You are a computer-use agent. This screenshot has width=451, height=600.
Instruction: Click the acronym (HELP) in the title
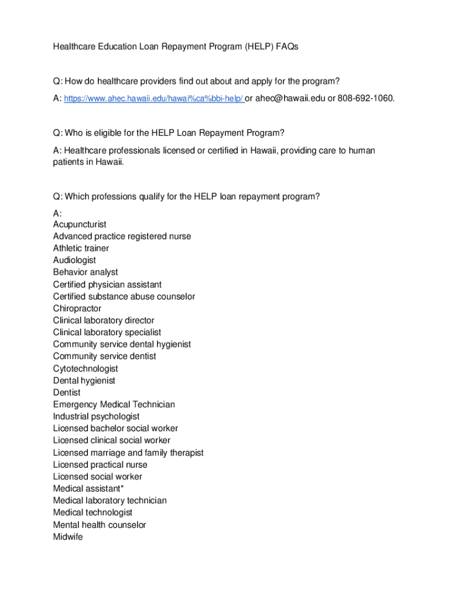coord(251,46)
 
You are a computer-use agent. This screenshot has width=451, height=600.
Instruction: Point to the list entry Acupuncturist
coord(80,224)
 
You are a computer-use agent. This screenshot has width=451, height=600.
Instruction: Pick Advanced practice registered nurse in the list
coord(122,236)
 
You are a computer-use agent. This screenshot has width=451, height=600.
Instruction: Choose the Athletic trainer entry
coord(81,248)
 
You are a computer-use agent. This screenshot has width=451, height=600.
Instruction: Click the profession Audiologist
coord(74,260)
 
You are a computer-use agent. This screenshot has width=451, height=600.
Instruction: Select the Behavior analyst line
coord(86,272)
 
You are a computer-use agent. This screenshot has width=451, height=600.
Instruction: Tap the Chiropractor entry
coord(77,308)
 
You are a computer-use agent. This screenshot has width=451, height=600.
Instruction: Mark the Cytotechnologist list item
coord(86,369)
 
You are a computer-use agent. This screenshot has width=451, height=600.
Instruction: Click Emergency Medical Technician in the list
coord(114,404)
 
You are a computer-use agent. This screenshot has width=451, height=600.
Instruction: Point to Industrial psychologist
coord(96,417)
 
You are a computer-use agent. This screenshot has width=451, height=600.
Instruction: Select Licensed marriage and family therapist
coord(128,453)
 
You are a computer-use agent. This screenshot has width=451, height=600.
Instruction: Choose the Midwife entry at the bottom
coord(68,537)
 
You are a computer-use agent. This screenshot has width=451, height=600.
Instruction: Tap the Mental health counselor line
coord(100,525)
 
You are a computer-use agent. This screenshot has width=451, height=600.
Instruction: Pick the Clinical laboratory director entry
coord(104,321)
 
